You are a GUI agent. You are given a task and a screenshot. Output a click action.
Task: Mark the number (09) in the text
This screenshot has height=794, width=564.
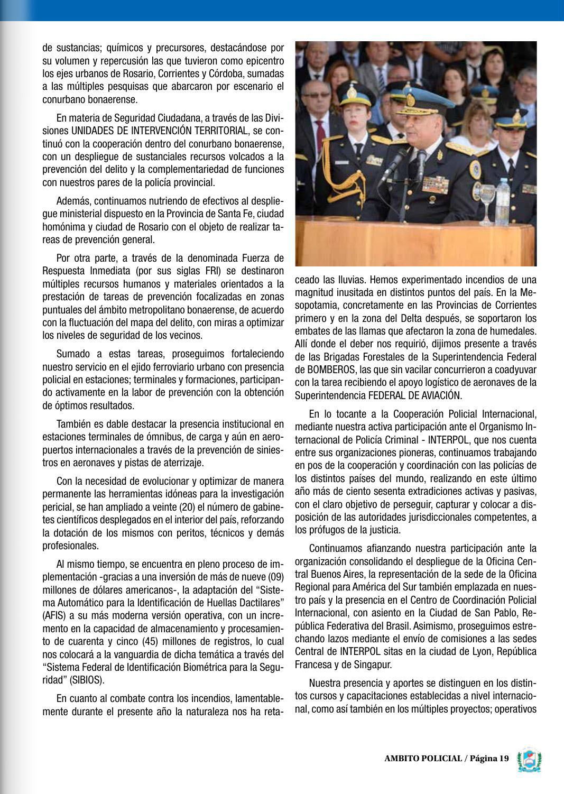tap(273, 576)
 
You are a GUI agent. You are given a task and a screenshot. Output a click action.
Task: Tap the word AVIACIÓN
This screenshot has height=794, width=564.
tap(440, 395)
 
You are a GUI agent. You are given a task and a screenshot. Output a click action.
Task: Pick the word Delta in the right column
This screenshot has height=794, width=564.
tap(426, 318)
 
